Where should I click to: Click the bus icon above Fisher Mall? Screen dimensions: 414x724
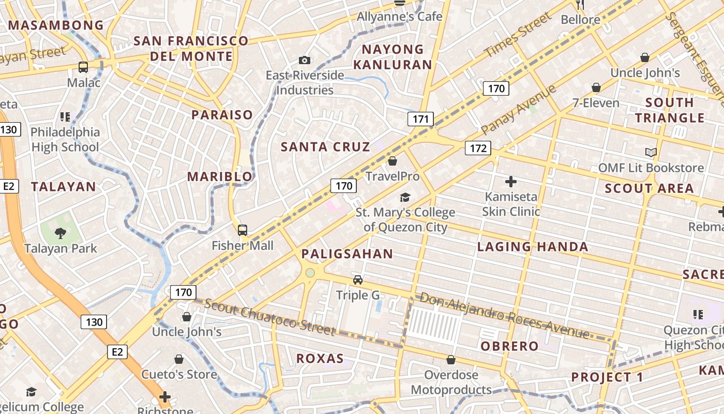pos(242,230)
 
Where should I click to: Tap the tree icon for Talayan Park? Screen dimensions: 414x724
pos(61,233)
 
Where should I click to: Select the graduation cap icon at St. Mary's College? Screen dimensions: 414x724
pos(404,197)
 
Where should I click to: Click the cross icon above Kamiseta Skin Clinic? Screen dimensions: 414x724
pos(511,182)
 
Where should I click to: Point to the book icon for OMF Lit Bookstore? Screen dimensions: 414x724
pos(651,152)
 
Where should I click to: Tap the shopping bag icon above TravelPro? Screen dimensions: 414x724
pos(393,161)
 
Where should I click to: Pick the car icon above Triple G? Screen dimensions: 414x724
pos(357,280)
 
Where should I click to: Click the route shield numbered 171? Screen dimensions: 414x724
pos(420,119)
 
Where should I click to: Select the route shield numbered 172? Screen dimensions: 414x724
pos(478,149)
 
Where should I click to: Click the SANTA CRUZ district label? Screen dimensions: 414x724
pos(325,147)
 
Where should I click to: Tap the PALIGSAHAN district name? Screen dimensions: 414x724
pos(347,254)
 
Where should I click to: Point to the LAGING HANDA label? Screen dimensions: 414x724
pos(533,247)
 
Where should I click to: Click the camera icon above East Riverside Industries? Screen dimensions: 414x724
pos(305,60)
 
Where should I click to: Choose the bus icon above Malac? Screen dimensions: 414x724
pos(83,67)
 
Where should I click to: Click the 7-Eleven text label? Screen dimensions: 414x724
pos(596,103)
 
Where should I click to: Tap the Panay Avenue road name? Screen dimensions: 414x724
pos(518,109)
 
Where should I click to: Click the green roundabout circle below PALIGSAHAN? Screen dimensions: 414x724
pos(310,273)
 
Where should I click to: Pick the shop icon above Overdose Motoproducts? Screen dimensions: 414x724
pos(451,360)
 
